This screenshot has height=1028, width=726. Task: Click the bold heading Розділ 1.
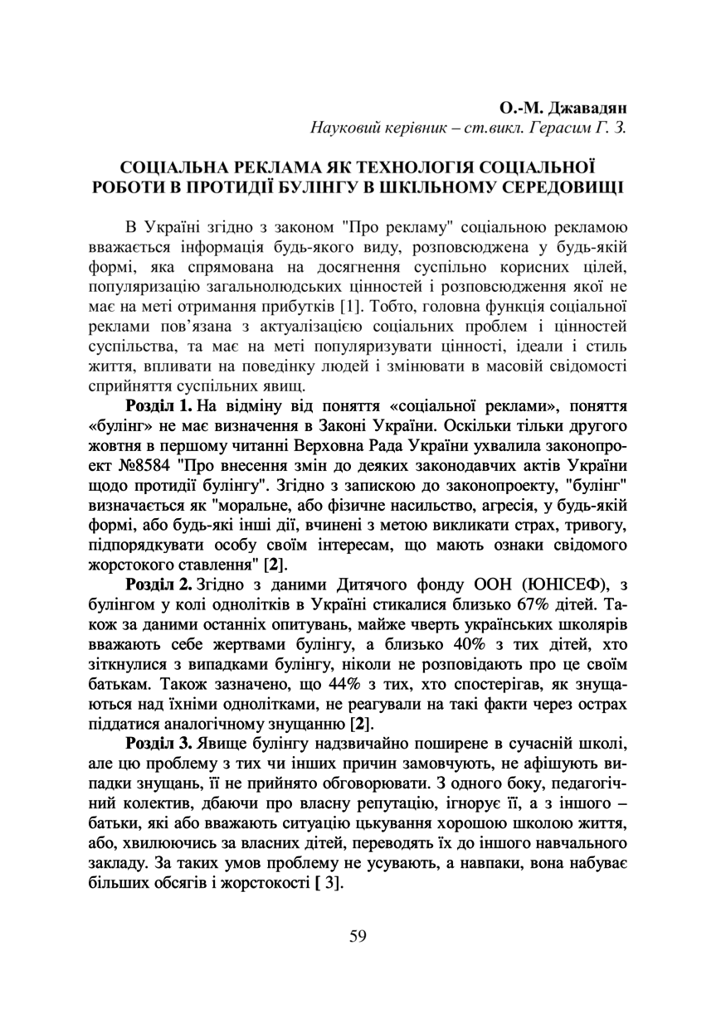(158, 406)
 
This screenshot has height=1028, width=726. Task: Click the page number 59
(358, 936)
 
